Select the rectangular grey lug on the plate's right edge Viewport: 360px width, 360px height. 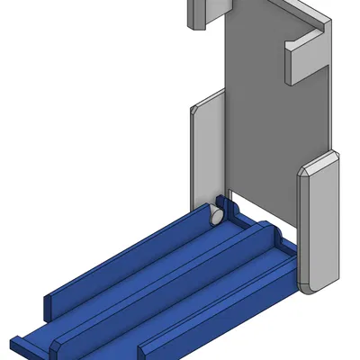(x=306, y=59)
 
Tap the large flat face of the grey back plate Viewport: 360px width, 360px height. (x=261, y=117)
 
